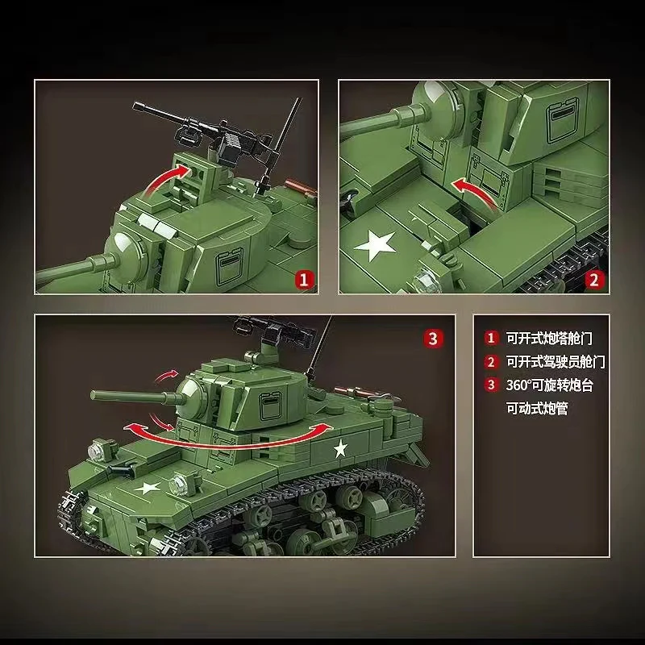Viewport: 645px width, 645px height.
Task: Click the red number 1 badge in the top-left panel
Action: pyautogui.click(x=304, y=279)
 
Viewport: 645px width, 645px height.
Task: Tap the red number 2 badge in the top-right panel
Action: pyautogui.click(x=594, y=279)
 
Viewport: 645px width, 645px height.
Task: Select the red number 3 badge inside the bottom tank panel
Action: pyautogui.click(x=435, y=338)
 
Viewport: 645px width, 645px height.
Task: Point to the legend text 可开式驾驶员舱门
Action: pyautogui.click(x=555, y=362)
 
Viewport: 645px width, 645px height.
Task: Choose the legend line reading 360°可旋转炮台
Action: pyautogui.click(x=549, y=385)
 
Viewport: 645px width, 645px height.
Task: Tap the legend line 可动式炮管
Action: pyautogui.click(x=537, y=409)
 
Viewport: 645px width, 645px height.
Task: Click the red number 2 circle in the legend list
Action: pyautogui.click(x=490, y=362)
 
